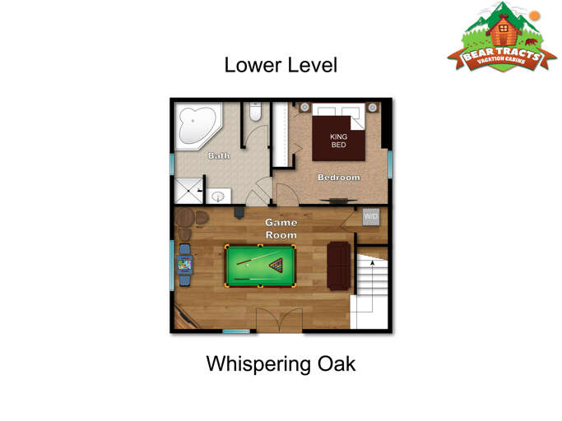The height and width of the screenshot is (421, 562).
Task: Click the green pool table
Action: click(260, 266)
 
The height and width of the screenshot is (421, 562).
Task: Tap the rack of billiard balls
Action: click(276, 265)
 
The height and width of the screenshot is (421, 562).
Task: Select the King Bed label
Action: click(338, 141)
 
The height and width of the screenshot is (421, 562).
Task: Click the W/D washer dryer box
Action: click(370, 217)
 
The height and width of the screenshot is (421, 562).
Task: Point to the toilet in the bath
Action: click(255, 112)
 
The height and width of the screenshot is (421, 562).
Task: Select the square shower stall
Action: click(188, 191)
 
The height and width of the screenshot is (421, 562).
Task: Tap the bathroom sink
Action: click(218, 197)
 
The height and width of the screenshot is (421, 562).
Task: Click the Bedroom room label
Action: click(339, 178)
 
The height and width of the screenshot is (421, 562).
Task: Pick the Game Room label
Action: click(281, 229)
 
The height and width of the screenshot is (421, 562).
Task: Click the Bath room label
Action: click(219, 155)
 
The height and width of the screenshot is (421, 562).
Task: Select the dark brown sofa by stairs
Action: click(339, 266)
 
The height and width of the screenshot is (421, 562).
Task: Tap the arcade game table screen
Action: click(184, 265)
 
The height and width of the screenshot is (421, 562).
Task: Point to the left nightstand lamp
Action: click(304, 107)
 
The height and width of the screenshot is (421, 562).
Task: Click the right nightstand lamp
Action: click(373, 107)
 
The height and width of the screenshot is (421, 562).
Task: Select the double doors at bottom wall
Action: click(279, 320)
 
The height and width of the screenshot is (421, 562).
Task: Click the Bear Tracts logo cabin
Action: click(504, 30)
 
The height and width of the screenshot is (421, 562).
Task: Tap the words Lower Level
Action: click(281, 65)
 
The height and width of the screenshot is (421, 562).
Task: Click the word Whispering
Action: click(258, 364)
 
